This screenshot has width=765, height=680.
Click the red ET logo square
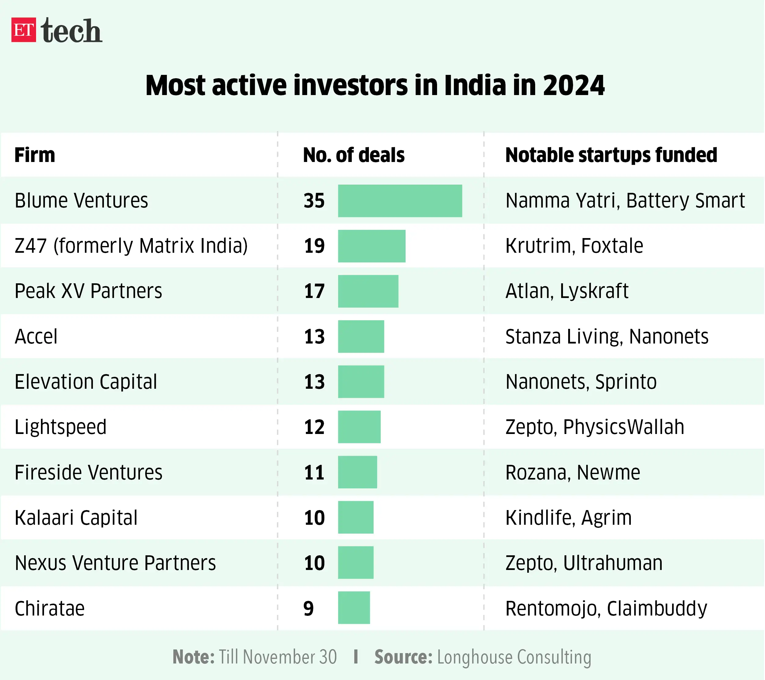click(24, 30)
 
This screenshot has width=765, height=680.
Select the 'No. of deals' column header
click(354, 155)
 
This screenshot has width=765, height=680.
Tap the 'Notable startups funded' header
click(611, 155)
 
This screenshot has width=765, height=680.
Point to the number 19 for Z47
click(314, 246)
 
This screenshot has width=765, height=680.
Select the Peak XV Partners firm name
click(88, 291)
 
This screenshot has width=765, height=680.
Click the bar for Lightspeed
click(359, 427)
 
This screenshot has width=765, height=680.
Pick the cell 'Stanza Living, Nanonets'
click(607, 336)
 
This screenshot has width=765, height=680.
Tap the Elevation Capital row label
click(86, 382)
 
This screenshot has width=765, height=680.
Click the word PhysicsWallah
click(623, 427)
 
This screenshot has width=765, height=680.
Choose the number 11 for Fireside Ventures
click(314, 472)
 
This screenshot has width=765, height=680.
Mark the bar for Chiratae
click(354, 608)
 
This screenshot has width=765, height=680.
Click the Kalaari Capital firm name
click(76, 518)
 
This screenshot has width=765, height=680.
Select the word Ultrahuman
click(613, 563)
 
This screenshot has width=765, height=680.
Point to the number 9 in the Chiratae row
click(308, 608)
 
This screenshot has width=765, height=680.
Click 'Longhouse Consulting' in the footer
click(514, 657)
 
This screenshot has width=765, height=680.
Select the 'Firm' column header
click(35, 155)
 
